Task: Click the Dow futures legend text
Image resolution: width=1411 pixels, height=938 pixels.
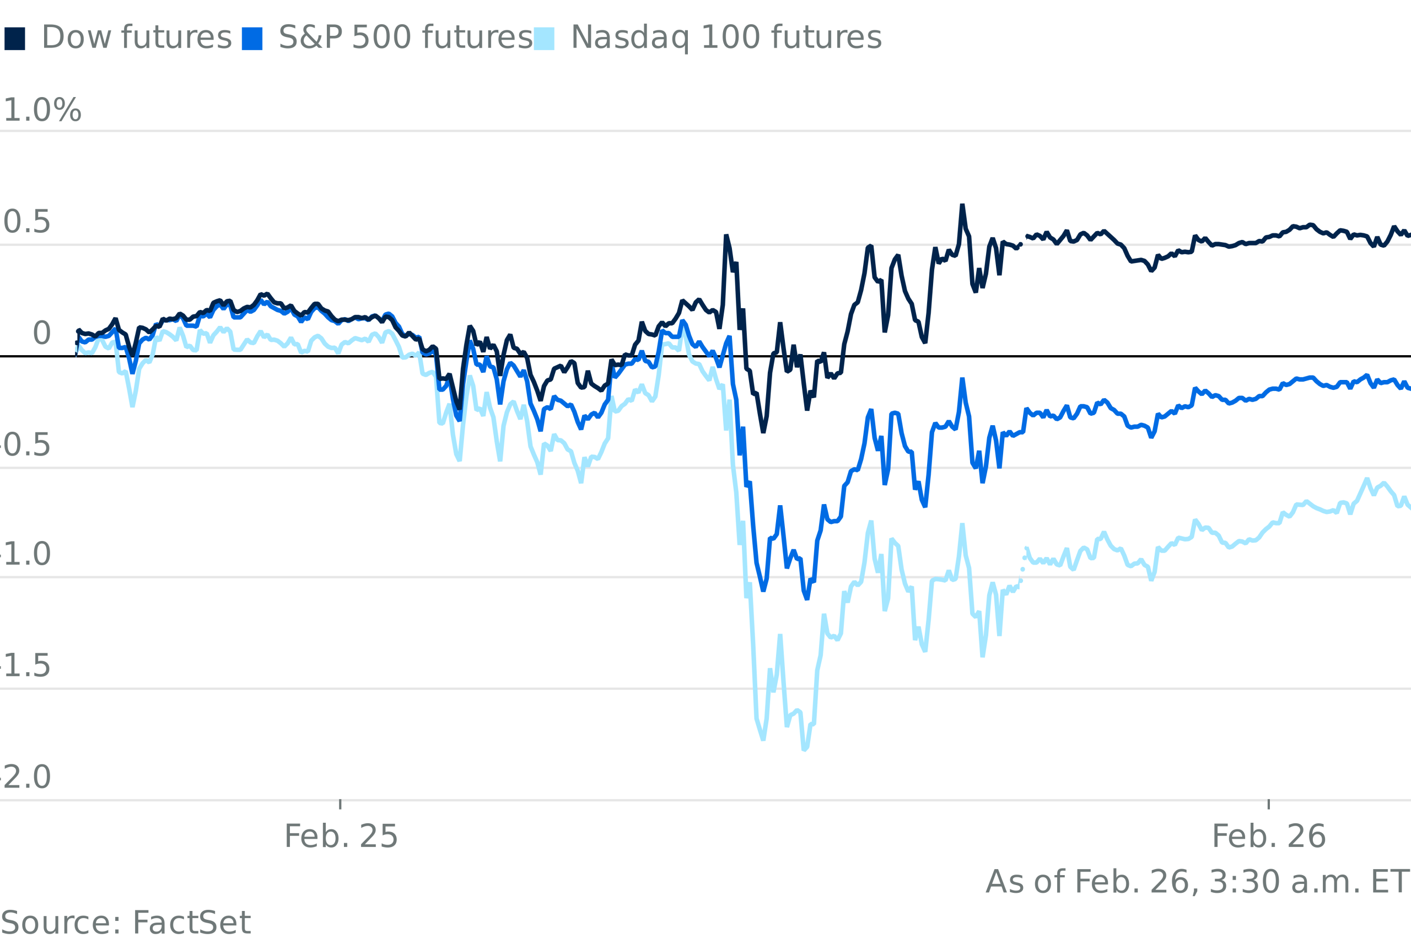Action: pyautogui.click(x=136, y=37)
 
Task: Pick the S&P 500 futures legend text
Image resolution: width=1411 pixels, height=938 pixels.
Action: pyautogui.click(x=405, y=37)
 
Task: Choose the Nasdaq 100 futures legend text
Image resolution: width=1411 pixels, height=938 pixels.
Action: pyautogui.click(x=726, y=38)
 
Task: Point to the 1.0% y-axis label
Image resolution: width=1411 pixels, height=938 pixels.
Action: pyautogui.click(x=42, y=111)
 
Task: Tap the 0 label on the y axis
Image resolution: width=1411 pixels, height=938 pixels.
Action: pyautogui.click(x=42, y=333)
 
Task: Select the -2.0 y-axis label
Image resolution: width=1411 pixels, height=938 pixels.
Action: pyautogui.click(x=25, y=778)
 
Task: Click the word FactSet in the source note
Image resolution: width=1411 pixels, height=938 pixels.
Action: pyautogui.click(x=191, y=924)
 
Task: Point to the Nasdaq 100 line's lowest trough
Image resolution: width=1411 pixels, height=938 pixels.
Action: pyautogui.click(x=805, y=749)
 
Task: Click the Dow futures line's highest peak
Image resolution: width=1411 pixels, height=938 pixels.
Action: pyautogui.click(x=962, y=206)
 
